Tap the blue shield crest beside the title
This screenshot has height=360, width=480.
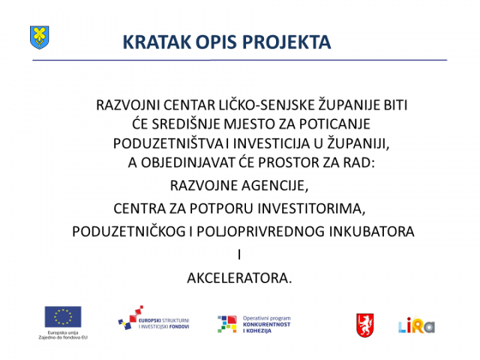tap(39, 38)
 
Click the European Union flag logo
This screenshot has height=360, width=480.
tap(63, 317)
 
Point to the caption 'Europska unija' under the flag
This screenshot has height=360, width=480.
tap(63, 333)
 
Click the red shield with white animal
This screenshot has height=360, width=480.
tap(365, 325)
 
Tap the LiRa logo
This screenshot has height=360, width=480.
tap(417, 326)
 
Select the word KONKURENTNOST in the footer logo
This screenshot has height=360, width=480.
tap(267, 325)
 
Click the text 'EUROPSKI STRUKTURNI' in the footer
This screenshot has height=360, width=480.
tap(164, 321)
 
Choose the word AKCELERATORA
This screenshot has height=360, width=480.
tap(239, 279)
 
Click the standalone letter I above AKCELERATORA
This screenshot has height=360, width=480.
tap(239, 255)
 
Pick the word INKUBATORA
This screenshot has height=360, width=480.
tap(372, 231)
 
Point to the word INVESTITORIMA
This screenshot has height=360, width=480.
tap(312, 209)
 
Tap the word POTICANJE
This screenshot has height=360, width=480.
tap(334, 124)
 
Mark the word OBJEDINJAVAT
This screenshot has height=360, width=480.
tap(188, 163)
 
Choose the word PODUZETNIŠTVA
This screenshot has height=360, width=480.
tap(168, 143)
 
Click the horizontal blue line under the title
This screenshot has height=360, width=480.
tap(240, 60)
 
